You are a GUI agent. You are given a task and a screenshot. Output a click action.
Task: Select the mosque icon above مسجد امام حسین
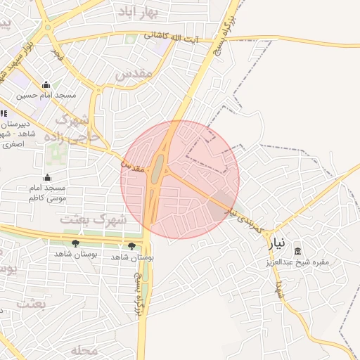coord(46,85)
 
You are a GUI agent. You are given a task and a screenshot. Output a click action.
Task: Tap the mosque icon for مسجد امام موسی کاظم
coord(47,177)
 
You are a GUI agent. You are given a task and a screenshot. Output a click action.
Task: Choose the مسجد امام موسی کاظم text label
coord(46,193)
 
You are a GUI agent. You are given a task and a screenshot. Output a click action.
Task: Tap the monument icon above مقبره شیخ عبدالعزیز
coord(297,252)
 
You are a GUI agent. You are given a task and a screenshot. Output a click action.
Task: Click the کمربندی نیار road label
coord(247,218)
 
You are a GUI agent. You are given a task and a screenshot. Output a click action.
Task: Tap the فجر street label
coord(56,55)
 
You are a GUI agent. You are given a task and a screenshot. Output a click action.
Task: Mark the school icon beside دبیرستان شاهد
coord(4,112)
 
